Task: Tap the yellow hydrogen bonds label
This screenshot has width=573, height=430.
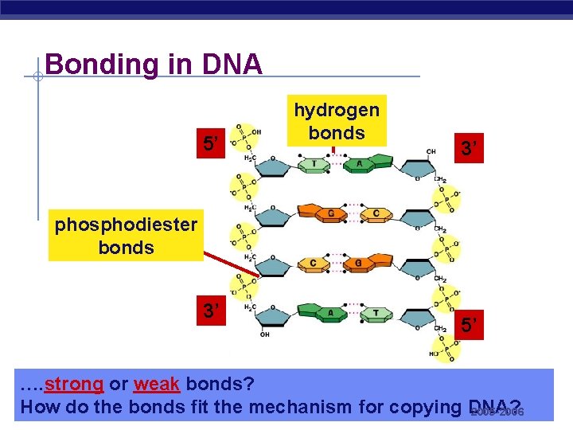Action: (336, 121)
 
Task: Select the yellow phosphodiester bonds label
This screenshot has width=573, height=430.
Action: (125, 236)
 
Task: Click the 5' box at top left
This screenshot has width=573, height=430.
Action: (211, 144)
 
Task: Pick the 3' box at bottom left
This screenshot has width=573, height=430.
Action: (211, 310)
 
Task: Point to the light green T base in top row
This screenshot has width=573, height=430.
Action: (314, 164)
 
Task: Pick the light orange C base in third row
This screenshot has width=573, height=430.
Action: (314, 264)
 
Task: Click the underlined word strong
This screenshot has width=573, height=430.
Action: (74, 384)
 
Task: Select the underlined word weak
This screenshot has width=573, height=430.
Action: (157, 384)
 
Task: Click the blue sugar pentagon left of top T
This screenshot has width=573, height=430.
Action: (273, 165)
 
